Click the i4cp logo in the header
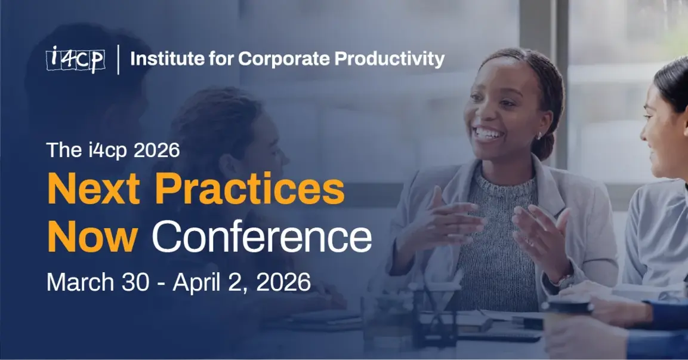(x=75, y=59)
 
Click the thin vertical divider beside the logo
(x=118, y=59)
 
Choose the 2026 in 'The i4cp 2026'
(x=157, y=150)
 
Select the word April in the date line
(x=199, y=282)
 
